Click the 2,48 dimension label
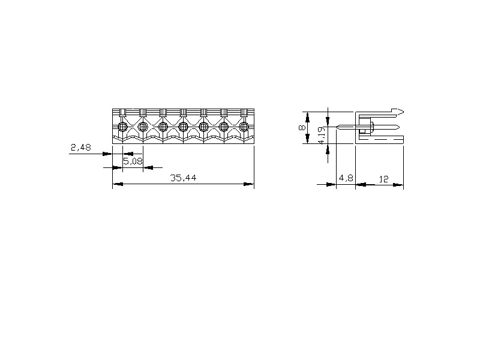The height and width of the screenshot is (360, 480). [81, 148]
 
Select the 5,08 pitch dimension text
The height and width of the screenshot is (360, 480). [133, 161]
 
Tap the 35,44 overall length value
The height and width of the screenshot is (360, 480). [183, 178]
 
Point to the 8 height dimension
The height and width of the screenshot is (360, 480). [302, 127]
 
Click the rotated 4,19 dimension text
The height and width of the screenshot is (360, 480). [322, 136]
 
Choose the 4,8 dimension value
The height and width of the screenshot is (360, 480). [346, 178]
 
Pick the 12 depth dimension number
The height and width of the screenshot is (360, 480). [383, 179]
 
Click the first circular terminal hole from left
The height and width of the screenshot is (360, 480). [123, 126]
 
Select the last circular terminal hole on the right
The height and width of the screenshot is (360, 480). [244, 126]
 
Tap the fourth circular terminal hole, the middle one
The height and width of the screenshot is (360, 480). [184, 126]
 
